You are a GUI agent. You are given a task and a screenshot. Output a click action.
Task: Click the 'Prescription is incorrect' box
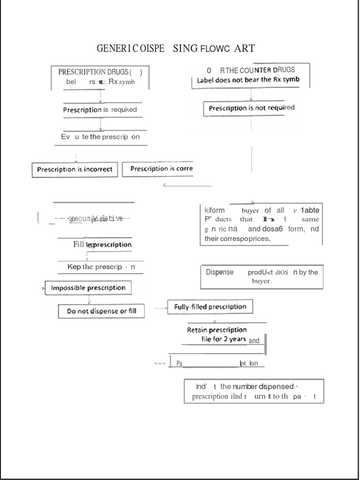(75, 170)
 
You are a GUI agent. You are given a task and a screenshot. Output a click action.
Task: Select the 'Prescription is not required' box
(251, 108)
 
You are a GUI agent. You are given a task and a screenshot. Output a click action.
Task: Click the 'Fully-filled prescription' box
(210, 307)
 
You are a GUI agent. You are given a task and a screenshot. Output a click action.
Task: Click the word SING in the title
(186, 49)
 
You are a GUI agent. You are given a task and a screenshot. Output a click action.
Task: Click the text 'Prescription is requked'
(100, 110)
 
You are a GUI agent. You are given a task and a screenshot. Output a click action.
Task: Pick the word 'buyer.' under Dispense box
(262, 281)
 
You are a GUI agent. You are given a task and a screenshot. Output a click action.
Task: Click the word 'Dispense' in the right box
(220, 272)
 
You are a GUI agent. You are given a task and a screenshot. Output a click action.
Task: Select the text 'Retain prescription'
(217, 330)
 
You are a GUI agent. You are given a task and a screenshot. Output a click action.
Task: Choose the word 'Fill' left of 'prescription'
(79, 244)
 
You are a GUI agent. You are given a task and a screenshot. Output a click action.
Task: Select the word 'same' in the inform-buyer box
(310, 219)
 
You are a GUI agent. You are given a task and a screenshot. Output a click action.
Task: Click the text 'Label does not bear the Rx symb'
(248, 80)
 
